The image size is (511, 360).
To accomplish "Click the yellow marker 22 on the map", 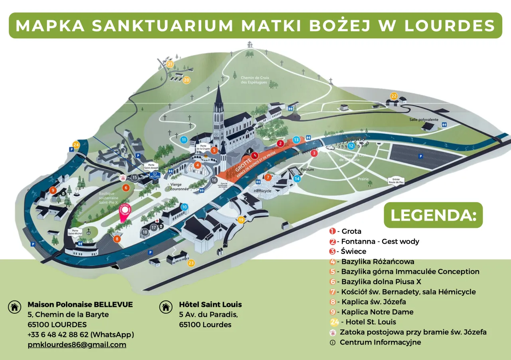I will coord(394,96).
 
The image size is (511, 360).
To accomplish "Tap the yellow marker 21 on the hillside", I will coord(170,64).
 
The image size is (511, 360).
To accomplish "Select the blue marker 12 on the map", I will coord(351,146).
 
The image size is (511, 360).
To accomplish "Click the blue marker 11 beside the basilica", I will coord(184,140).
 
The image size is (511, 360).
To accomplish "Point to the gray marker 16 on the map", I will coord(214,180).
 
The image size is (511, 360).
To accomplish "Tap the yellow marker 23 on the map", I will coord(191,263).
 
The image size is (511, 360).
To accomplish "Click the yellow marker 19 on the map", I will coord(241,220).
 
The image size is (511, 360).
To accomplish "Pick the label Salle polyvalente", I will coord(424,119).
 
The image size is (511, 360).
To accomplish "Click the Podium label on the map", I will coord(307,169).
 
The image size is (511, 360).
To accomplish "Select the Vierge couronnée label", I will coord(179,187).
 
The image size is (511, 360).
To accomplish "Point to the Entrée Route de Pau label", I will coord(396,181).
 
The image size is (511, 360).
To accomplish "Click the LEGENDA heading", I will coord(433,215).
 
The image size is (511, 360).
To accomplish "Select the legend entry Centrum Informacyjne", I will coord(380,342).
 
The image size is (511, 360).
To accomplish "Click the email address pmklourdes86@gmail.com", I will coord(77,344).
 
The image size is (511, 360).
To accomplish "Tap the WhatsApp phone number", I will coord(81,334).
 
